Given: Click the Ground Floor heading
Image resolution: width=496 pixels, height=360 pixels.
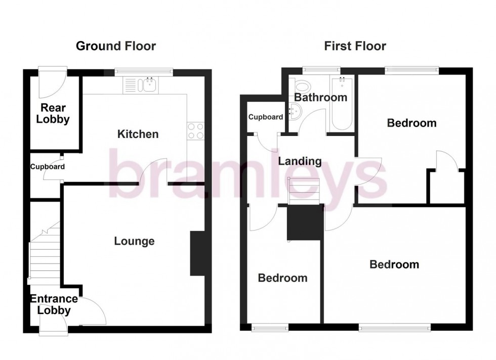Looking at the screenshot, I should click(115, 47).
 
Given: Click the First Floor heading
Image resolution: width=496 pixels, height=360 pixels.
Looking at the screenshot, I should click(355, 47).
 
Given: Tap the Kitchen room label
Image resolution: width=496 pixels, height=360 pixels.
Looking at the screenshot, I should click(138, 134).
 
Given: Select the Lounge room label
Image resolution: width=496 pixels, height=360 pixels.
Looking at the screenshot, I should click(134, 241).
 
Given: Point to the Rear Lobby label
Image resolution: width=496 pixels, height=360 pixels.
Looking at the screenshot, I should click(55, 114).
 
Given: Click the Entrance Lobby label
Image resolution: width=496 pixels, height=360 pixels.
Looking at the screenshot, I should click(54, 305).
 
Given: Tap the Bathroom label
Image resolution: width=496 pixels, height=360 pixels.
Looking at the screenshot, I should click(321, 97).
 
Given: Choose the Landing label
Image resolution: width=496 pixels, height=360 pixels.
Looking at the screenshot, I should click(300, 161).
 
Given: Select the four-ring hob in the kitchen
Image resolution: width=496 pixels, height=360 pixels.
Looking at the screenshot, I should click(195, 131).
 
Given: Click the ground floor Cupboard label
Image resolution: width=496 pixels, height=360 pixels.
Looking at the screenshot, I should click(47, 166).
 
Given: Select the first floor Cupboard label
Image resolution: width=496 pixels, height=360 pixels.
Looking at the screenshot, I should click(266, 117).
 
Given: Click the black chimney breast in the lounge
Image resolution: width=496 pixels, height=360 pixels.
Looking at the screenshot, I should click(197, 254).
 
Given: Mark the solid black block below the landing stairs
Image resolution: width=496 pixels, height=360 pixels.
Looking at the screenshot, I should click(305, 222).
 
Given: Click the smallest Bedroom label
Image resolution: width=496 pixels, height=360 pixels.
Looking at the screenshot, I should click(282, 278).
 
